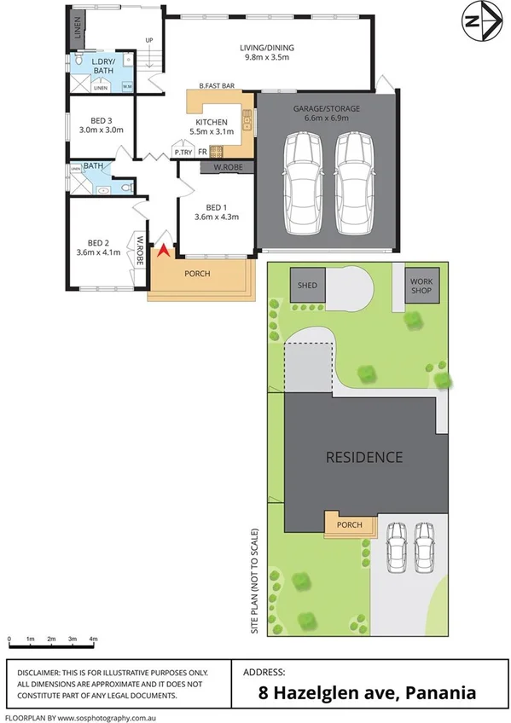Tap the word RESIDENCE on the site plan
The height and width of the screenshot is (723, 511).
364,457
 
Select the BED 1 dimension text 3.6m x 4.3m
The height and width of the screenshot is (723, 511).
216,217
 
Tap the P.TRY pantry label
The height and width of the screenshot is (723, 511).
183,153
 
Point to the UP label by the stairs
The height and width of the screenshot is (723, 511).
149,40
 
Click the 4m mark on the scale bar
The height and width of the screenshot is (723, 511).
94,639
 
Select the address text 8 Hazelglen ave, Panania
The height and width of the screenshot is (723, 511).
367,692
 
